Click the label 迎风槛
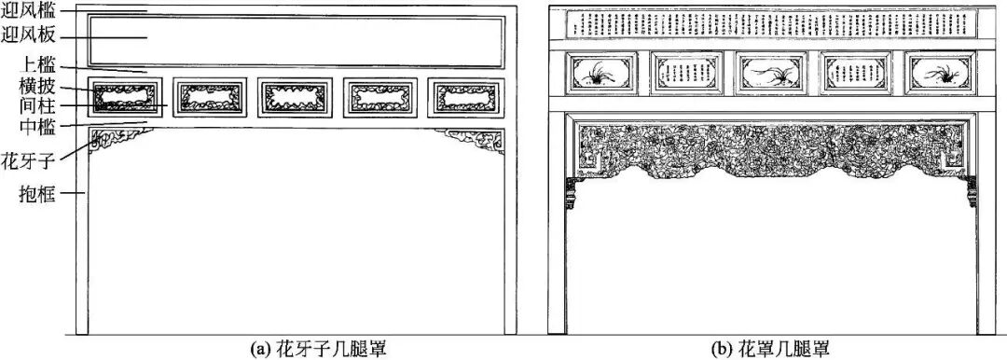[x=27, y=13]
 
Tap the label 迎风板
[x=27, y=37]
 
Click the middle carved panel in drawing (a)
[x=296, y=96]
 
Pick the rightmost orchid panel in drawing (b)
[x=941, y=73]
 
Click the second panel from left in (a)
[x=211, y=96]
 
